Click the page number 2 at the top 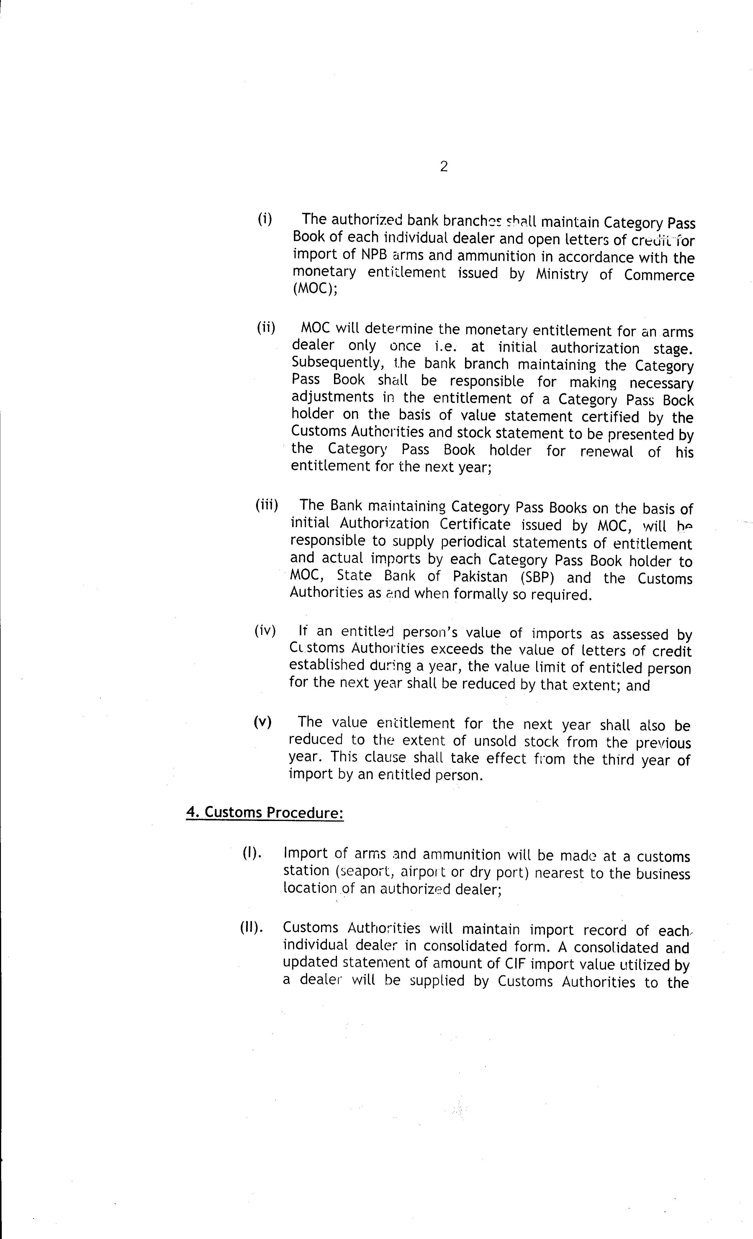(x=443, y=166)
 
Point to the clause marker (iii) (x=267, y=505)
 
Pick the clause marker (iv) (x=265, y=631)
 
